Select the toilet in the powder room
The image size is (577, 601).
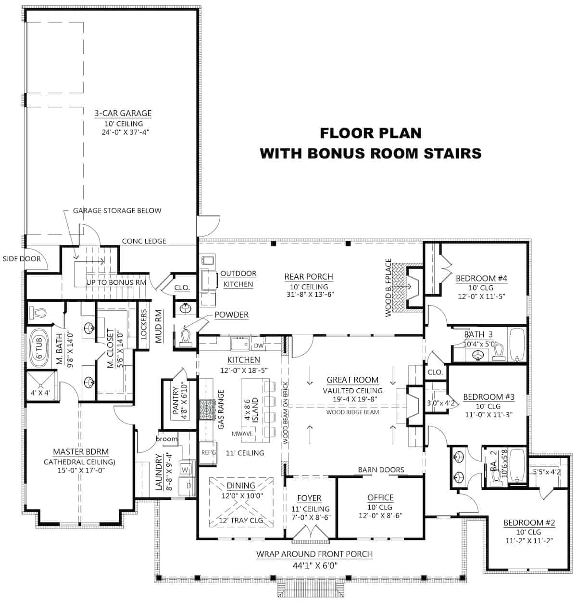(x=186, y=336)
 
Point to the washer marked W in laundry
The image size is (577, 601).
(x=186, y=468)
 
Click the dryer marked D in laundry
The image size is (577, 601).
(x=188, y=486)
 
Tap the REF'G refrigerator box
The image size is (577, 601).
(x=209, y=453)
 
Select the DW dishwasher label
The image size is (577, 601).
(x=258, y=345)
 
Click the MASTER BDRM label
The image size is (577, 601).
(x=81, y=452)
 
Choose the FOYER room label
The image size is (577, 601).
(x=309, y=498)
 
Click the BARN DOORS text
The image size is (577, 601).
(x=381, y=470)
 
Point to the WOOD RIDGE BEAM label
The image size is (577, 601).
(x=352, y=412)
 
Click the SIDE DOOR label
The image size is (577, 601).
(x=22, y=259)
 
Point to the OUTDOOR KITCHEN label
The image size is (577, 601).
(x=238, y=279)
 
